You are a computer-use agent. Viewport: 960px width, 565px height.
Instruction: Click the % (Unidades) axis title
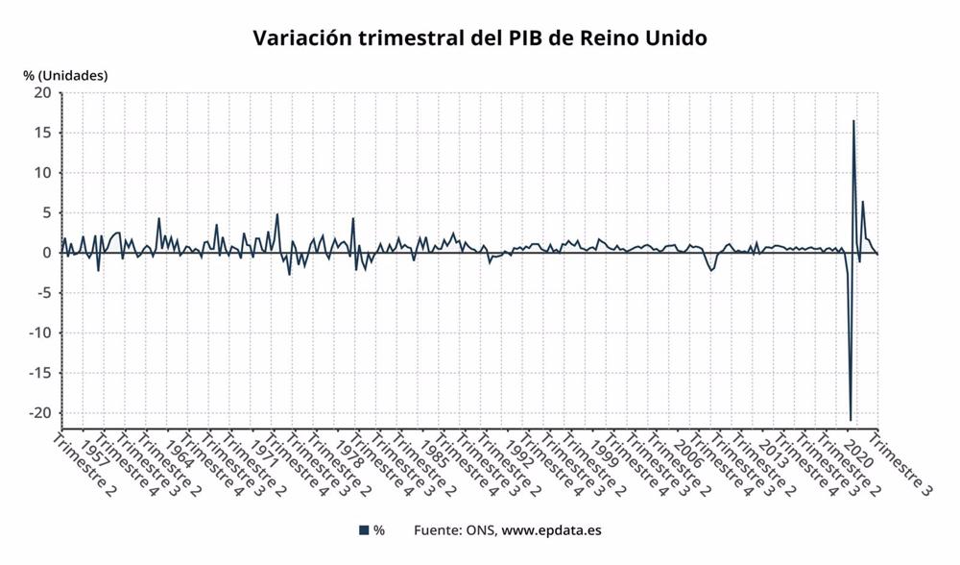point(65,75)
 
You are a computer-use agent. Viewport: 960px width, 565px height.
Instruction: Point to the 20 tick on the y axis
point(42,93)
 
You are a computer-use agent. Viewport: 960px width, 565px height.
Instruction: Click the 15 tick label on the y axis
point(42,133)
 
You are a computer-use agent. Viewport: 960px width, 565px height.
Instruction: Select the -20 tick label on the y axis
point(39,412)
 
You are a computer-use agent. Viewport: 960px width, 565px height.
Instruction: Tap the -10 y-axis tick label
point(39,332)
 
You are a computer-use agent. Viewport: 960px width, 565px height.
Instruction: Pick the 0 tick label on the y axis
point(46,253)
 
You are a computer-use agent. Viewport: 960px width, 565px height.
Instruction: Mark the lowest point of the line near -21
point(851,420)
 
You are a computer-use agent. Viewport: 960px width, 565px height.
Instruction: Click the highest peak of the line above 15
point(853,121)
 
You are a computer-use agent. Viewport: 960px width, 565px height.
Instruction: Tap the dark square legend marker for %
point(364,529)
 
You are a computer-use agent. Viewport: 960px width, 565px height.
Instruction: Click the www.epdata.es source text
point(552,529)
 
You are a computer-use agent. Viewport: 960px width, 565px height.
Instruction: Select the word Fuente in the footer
point(436,529)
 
